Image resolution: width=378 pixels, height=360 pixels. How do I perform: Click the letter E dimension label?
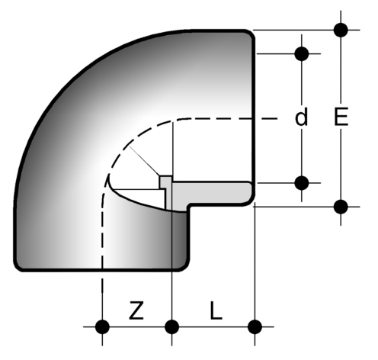[341, 117]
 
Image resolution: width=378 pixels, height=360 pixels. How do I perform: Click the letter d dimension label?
[302, 117]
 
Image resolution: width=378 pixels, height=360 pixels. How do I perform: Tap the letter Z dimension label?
[136, 310]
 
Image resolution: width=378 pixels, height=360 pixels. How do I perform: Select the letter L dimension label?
[216, 310]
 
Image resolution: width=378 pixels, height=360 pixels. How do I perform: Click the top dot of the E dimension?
[341, 30]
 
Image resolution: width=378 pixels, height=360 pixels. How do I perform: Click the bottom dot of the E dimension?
[341, 207]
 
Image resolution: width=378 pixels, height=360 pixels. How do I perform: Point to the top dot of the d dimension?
[302, 53]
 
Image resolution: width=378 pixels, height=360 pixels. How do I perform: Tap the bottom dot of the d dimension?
[302, 183]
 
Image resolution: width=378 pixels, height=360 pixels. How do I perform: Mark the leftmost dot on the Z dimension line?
[102, 326]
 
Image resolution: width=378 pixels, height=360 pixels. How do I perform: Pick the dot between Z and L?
[172, 326]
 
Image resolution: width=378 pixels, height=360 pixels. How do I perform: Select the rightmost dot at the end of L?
[255, 326]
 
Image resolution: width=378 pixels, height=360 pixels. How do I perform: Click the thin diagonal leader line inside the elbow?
[144, 161]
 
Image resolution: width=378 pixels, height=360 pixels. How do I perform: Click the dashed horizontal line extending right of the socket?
[266, 118]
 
